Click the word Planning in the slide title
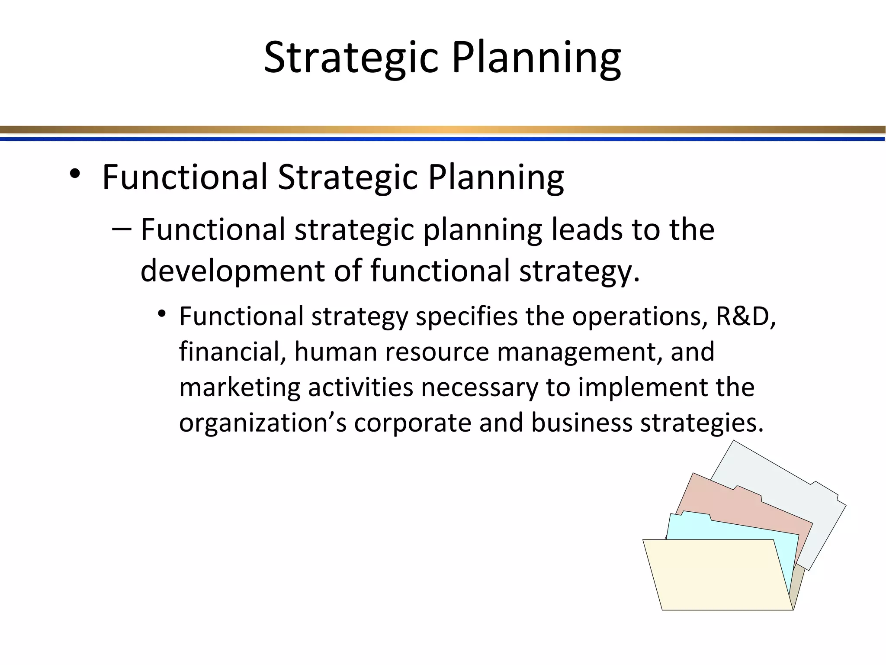tap(536, 58)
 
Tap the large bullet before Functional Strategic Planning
tap(75, 174)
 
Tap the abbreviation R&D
tap(745, 316)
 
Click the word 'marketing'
tap(240, 387)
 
